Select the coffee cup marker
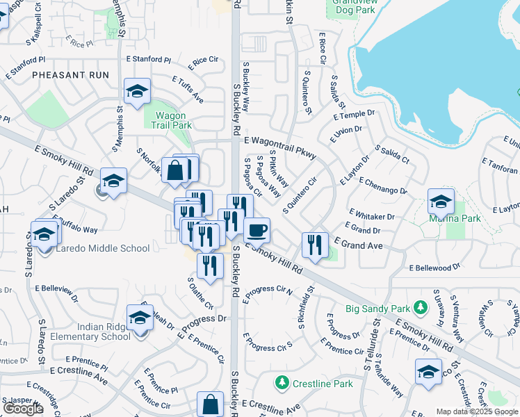pyautogui.click(x=257, y=229)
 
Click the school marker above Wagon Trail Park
pyautogui.click(x=137, y=92)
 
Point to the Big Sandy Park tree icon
pyautogui.click(x=420, y=306)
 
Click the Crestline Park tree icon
pyautogui.click(x=282, y=383)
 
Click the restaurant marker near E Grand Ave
pyautogui.click(x=315, y=245)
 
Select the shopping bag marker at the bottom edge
pyautogui.click(x=210, y=405)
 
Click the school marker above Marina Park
pyautogui.click(x=440, y=202)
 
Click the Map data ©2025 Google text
pyautogui.click(x=477, y=411)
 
